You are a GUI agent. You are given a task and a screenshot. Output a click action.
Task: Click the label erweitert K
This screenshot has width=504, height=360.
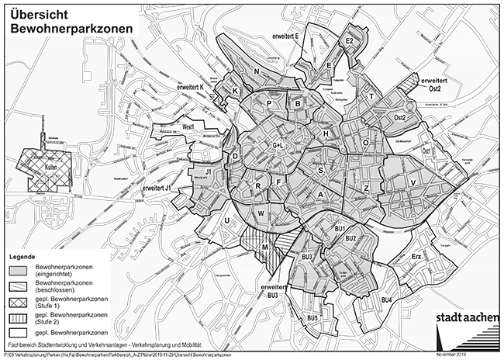pyautogui.click(x=192, y=88)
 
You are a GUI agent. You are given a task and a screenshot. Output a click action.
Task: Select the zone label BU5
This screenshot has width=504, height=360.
pyautogui.click(x=313, y=318)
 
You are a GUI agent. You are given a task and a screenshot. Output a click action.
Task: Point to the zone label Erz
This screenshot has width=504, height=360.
pyautogui.click(x=416, y=255)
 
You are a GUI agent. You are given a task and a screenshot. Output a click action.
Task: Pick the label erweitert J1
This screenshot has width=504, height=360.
pyautogui.click(x=157, y=188)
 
